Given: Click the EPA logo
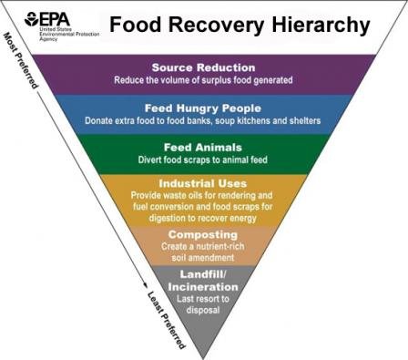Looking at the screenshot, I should pos(46,19).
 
